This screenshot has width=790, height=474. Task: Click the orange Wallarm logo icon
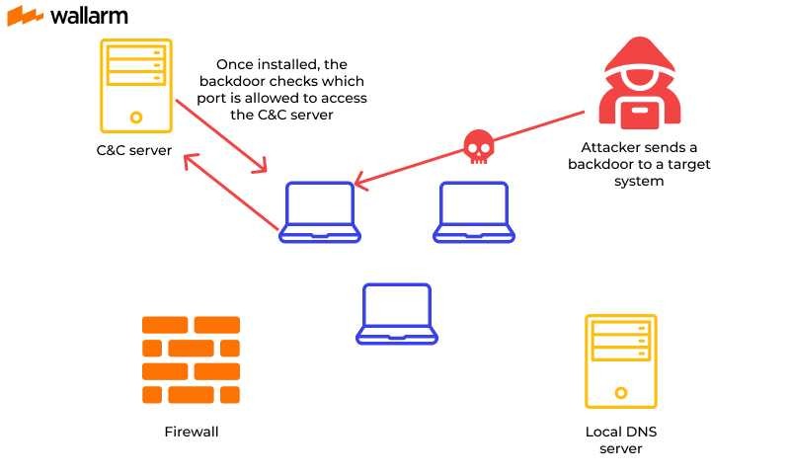[25, 16]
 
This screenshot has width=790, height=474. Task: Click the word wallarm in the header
[88, 16]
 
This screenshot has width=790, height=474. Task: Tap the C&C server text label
[135, 151]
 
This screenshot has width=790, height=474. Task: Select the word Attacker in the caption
[596, 146]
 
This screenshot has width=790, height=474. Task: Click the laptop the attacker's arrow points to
[320, 211]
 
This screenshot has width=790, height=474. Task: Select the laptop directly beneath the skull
[474, 211]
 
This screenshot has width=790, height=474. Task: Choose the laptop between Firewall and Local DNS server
[396, 313]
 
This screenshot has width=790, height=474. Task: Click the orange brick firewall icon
[191, 360]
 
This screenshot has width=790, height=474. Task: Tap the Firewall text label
[191, 432]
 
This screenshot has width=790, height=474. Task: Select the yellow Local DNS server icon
[620, 360]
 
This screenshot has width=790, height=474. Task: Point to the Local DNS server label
[620, 440]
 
